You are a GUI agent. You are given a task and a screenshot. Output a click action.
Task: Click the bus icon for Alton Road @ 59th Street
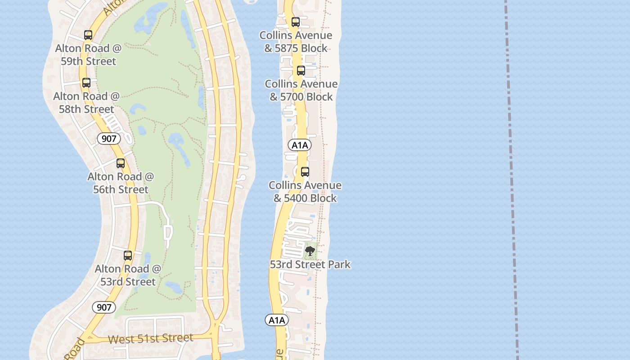pos(88,35)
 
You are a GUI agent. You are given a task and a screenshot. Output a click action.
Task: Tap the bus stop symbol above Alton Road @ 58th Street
pos(86,83)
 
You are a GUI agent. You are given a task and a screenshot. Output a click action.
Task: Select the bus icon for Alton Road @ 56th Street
pos(121,163)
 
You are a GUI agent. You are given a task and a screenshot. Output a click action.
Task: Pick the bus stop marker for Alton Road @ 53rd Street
pos(128,256)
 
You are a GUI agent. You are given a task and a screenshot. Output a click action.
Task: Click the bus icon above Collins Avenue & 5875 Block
pos(295,22)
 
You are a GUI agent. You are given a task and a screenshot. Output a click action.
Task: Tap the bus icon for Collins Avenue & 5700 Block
pos(301,71)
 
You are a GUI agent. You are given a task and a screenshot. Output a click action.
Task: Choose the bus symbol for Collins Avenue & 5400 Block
pos(305,172)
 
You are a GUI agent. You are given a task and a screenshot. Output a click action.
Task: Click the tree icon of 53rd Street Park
pos(310,251)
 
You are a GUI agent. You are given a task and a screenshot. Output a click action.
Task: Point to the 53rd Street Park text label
pos(310,264)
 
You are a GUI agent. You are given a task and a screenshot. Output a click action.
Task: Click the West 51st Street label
pos(151,338)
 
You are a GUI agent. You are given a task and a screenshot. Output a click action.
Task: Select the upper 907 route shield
pos(109,139)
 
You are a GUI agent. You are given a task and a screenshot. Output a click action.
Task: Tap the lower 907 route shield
pos(104,307)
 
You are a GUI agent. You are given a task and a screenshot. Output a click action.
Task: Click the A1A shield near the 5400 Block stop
pos(300,145)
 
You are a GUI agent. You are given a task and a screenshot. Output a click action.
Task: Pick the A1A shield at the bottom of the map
pos(276,320)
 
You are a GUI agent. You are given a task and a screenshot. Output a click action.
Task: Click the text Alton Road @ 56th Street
pos(121,183)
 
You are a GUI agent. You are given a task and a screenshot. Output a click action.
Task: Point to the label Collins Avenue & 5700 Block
pos(301,90)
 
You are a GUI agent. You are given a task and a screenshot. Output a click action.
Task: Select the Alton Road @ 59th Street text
pos(88,54)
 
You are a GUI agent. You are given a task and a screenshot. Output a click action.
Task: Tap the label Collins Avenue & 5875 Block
pos(296,41)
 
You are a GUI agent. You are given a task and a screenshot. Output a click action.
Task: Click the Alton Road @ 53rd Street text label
pos(128,275)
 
